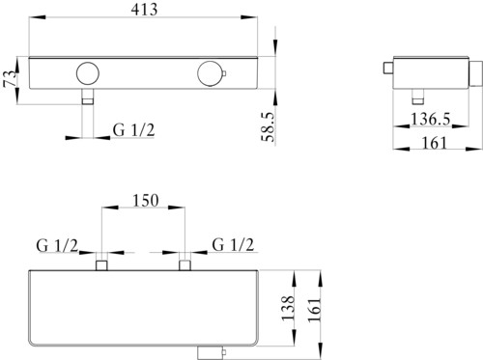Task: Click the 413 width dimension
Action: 145,10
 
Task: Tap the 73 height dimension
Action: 10,79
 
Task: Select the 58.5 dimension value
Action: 268,126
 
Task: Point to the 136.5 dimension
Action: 431,119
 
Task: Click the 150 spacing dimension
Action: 146,201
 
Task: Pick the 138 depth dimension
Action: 288,308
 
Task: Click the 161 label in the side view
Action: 435,143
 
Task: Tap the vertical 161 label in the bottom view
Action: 315,309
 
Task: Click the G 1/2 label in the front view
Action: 133,130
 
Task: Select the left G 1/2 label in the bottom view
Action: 57,246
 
